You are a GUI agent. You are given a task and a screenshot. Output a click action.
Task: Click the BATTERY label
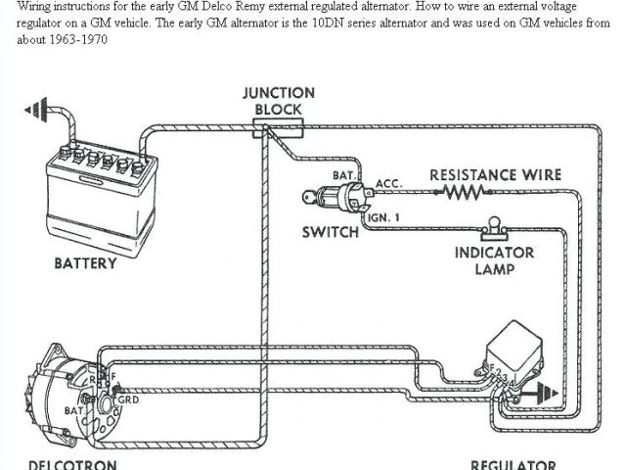85,262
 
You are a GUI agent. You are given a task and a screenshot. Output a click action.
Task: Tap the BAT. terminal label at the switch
343,175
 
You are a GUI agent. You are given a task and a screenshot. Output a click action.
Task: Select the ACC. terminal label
388,182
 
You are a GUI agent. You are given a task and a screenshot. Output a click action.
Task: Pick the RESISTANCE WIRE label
496,175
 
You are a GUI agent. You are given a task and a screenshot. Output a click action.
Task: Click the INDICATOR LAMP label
495,259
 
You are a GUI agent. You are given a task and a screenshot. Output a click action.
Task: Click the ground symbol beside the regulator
544,394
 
